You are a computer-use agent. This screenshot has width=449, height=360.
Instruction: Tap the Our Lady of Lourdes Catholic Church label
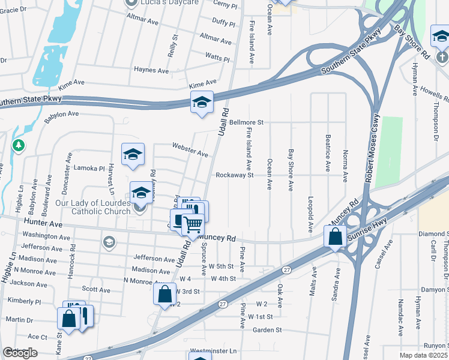tap(92, 207)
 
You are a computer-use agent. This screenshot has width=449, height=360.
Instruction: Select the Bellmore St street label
tap(246, 122)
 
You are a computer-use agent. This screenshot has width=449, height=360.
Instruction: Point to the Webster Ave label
tap(190, 149)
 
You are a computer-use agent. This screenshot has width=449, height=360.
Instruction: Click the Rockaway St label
tap(235, 175)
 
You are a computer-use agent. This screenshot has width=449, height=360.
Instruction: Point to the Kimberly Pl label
tap(23, 301)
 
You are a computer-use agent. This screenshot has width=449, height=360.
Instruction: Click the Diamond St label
tap(434, 233)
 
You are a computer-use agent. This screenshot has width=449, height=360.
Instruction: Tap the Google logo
tap(20, 353)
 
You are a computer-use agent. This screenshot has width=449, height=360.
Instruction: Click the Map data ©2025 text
tap(423, 355)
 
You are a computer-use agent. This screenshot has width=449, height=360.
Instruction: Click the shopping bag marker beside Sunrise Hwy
tap(336, 236)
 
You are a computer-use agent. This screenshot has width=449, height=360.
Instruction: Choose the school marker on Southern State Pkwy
tap(202, 102)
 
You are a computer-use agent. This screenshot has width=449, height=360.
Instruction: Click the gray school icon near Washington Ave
tap(109, 242)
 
